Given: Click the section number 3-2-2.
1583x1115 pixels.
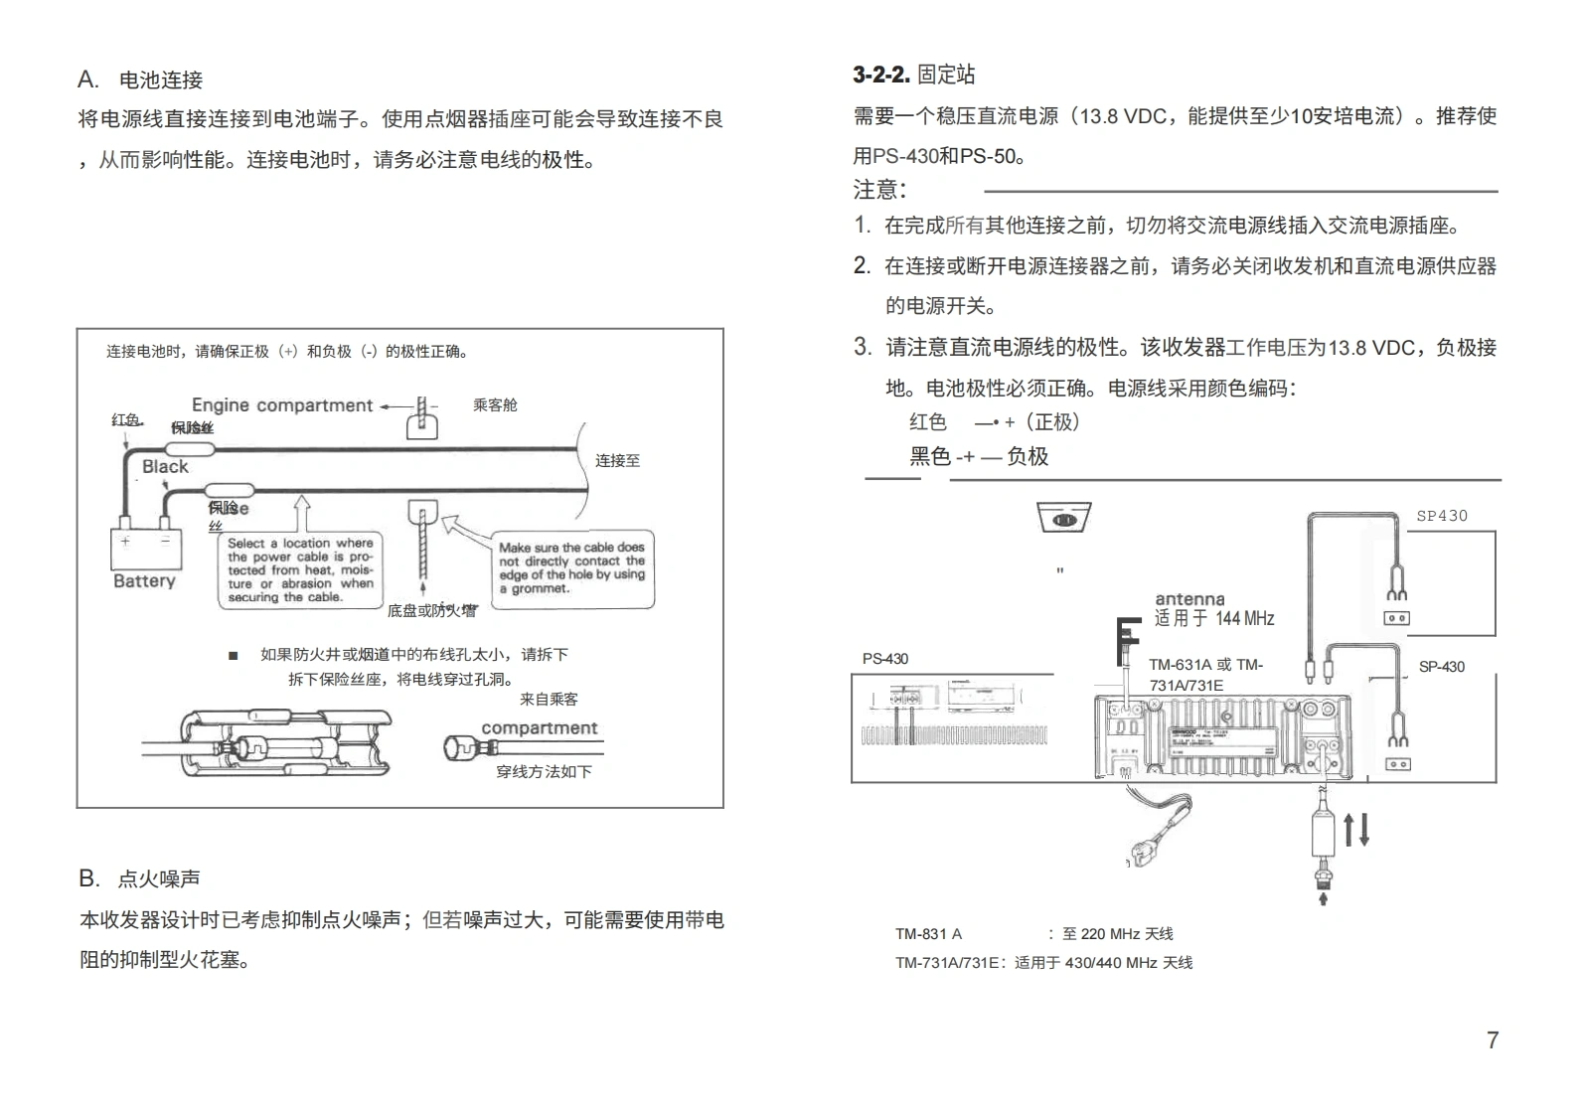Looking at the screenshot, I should [880, 75].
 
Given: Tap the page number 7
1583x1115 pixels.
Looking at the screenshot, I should [1492, 1039].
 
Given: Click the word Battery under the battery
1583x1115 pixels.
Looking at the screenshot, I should [144, 581].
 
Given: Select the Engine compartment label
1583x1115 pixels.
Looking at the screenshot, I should [281, 405].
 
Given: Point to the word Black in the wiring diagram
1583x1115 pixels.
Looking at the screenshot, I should [165, 466].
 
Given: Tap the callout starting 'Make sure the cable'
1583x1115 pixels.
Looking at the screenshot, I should [572, 567].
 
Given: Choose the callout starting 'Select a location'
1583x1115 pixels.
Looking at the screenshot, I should [300, 570].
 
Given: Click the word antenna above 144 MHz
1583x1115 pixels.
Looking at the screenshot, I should [1189, 599].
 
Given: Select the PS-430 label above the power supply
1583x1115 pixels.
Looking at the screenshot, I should [884, 659].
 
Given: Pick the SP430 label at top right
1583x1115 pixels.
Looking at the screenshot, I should [1441, 516].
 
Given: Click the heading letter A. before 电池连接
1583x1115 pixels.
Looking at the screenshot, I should [88, 80].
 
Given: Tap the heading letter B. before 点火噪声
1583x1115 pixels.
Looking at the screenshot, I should [89, 878].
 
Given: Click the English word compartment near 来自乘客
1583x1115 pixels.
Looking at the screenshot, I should [539, 728].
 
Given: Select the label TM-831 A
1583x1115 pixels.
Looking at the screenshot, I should [928, 934].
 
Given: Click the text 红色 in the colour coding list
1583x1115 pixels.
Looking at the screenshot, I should [927, 421].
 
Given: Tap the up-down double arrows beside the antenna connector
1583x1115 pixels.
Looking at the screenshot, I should [1356, 829].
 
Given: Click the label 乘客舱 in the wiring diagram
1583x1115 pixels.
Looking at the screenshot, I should [495, 405].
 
